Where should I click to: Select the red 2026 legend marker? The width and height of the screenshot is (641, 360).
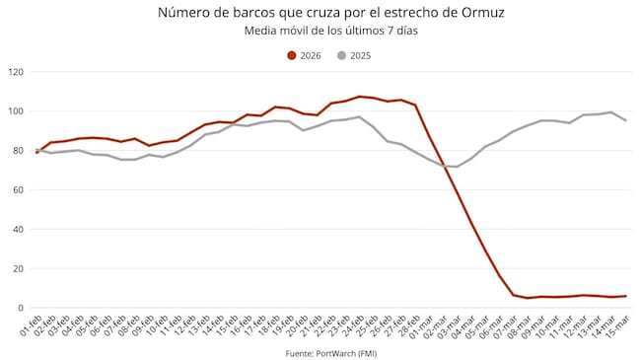pos(292,55)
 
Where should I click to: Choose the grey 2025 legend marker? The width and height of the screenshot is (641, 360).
pos(341,55)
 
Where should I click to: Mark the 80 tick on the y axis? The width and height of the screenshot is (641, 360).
pos(18,151)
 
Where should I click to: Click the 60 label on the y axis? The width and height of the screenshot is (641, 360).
pos(18,190)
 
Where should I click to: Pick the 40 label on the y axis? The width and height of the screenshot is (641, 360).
pos(18,230)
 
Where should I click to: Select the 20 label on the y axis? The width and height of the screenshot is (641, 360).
pos(18,269)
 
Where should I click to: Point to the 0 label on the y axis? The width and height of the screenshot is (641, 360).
pos(21,309)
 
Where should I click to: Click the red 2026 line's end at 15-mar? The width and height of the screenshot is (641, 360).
pos(625,296)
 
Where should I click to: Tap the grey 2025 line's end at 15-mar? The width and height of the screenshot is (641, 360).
pos(625,120)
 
